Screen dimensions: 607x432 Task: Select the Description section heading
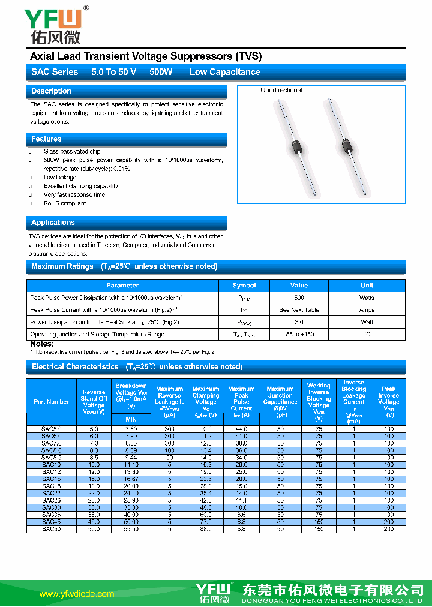[x=51, y=91]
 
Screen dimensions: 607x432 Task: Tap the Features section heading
[x=46, y=139]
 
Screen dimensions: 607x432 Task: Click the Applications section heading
[x=53, y=223]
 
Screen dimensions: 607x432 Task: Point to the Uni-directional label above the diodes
[x=281, y=91]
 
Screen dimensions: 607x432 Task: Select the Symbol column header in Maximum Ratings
[x=244, y=286]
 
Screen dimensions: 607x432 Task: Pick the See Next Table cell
[x=299, y=310]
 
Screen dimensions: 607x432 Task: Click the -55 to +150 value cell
[x=299, y=335]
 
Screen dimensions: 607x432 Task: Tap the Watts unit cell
[x=367, y=298]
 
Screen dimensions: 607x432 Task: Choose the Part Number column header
[x=52, y=402]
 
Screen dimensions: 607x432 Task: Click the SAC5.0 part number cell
[x=52, y=429]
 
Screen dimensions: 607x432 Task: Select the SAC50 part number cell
[x=52, y=529]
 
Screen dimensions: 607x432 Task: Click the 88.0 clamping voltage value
[x=206, y=529]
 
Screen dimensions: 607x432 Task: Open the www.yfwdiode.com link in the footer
[x=76, y=594]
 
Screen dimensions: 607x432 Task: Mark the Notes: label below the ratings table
[x=42, y=344]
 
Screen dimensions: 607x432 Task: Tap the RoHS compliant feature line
[x=65, y=203]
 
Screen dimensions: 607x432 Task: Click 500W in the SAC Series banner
[x=161, y=72]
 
